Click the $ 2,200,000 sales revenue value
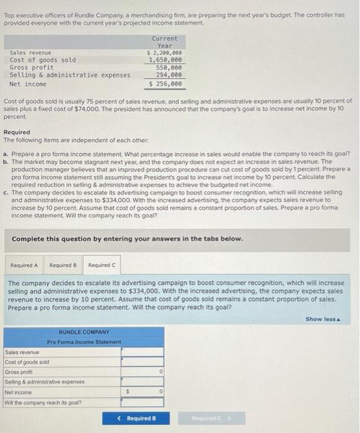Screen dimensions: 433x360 click(x=164, y=53)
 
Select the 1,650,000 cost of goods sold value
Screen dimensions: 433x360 click(x=165, y=61)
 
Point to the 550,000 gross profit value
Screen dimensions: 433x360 click(x=169, y=68)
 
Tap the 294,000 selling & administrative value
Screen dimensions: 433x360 click(x=169, y=75)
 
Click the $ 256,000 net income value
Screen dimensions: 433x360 click(x=165, y=84)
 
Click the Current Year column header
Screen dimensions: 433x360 click(x=164, y=42)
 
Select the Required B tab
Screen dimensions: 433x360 click(x=62, y=265)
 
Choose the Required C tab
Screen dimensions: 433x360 click(x=101, y=265)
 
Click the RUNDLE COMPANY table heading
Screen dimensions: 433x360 click(x=84, y=332)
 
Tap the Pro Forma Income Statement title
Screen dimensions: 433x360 click(x=84, y=342)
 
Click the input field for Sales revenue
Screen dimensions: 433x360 click(x=143, y=351)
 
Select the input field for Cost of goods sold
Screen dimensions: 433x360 click(x=143, y=362)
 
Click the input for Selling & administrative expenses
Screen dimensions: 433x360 click(x=143, y=382)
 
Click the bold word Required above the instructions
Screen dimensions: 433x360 click(x=17, y=132)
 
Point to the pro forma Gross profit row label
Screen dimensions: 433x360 click(x=19, y=372)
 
